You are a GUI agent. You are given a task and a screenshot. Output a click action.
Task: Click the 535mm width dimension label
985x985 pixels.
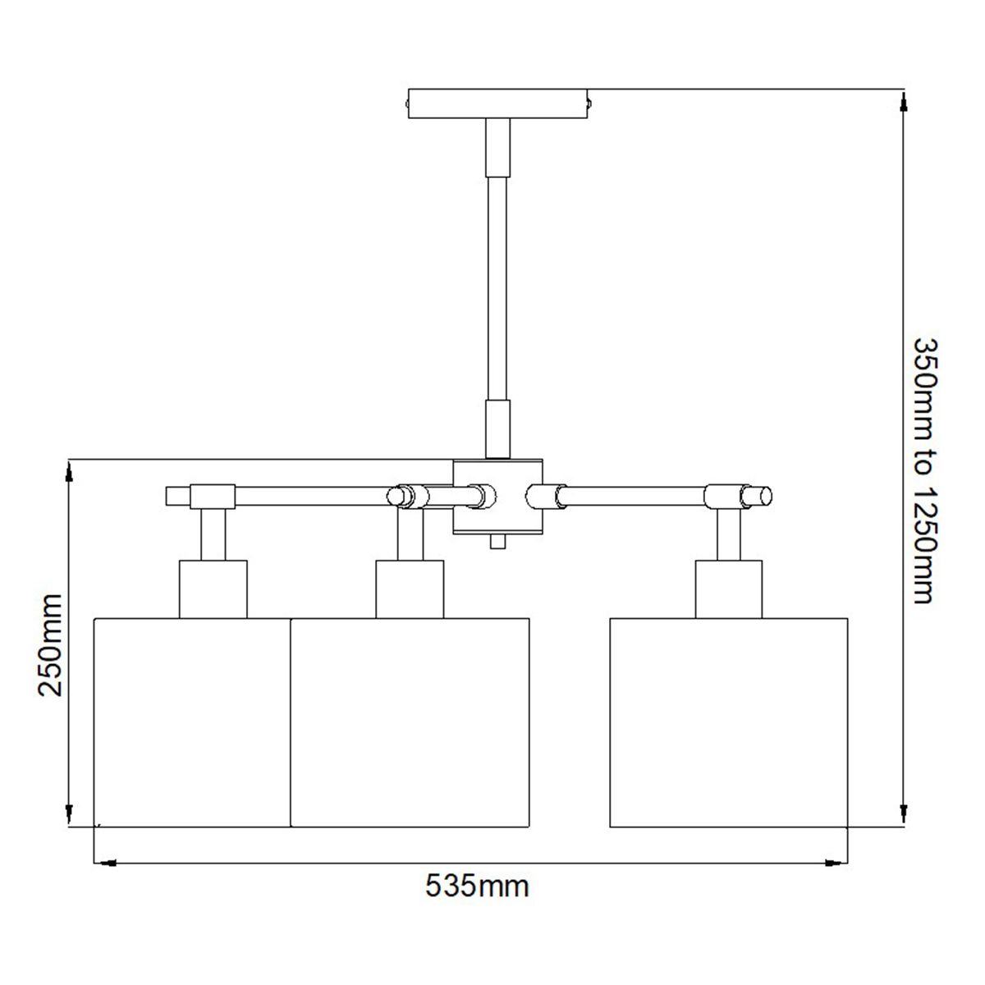tap(477, 886)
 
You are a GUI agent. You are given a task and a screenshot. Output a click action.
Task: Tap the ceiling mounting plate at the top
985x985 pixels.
tap(499, 104)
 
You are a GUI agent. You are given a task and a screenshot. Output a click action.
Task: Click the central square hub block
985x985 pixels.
tap(498, 496)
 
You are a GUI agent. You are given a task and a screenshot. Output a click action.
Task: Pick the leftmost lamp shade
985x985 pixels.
tap(193, 722)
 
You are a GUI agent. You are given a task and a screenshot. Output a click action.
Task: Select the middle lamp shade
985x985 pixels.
tap(410, 722)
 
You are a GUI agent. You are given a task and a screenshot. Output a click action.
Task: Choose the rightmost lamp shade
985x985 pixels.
tap(729, 722)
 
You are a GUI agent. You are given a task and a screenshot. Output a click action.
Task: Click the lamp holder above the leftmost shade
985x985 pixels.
tap(213, 589)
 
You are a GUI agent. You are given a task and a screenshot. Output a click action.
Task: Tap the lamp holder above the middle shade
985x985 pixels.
tap(410, 589)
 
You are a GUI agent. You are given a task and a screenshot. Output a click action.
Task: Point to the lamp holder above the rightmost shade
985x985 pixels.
tap(729, 589)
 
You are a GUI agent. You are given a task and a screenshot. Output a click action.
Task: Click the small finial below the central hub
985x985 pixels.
tap(495, 543)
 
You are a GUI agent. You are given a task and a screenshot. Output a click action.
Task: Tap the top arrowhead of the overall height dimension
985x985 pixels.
tap(904, 98)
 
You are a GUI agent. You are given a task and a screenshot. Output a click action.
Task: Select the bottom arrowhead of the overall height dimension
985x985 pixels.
tap(904, 818)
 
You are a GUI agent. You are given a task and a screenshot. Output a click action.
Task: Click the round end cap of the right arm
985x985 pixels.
tap(763, 496)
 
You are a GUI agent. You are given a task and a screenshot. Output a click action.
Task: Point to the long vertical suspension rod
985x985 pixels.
tap(498, 287)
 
